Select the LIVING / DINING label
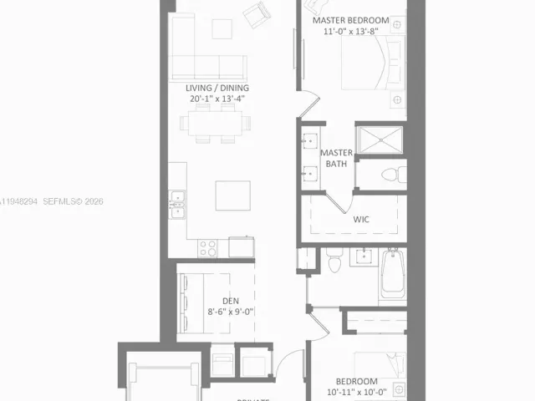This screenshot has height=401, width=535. click(217, 88)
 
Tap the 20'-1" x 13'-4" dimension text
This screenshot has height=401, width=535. click(217, 99)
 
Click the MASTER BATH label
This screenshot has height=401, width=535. click(337, 159)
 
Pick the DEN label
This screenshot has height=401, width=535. click(231, 301)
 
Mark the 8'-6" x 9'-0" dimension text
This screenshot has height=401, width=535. click(231, 312)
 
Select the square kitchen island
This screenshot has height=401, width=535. click(232, 195)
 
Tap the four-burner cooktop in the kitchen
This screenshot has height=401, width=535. click(207, 247)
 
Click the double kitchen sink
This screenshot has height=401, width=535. click(177, 204)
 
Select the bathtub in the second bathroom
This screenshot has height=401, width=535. click(392, 274)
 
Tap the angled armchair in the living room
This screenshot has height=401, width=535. click(256, 13)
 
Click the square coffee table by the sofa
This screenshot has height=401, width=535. click(222, 28)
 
